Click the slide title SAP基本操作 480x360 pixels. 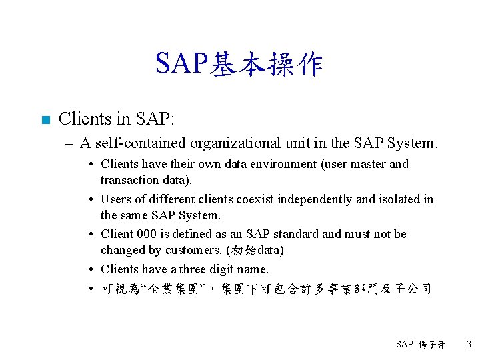(x=239, y=64)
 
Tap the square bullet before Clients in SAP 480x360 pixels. (x=45, y=121)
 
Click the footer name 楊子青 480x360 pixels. (x=431, y=345)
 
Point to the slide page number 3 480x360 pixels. (x=468, y=345)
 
